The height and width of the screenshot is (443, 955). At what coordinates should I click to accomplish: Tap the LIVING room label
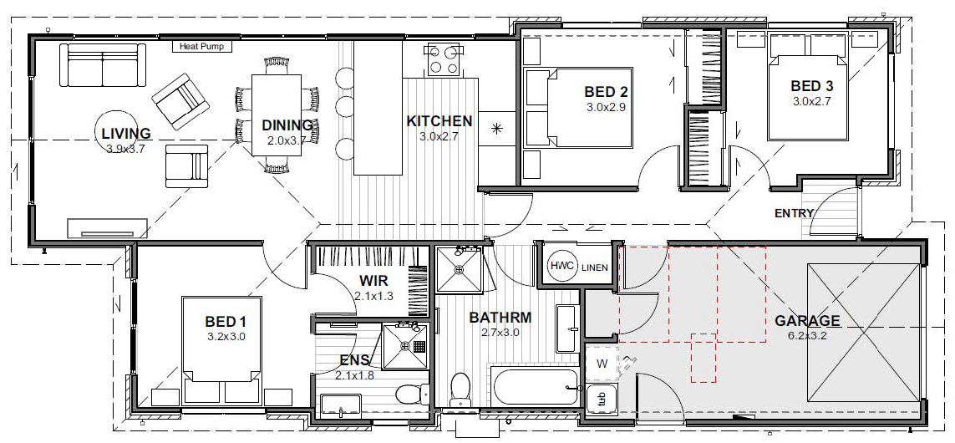(125, 134)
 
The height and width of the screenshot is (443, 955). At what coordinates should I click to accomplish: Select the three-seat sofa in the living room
(104, 66)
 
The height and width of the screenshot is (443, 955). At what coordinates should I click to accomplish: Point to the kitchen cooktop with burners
(443, 59)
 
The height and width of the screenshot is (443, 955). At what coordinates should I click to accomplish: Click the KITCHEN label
(439, 121)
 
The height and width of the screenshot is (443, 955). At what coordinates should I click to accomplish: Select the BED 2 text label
(605, 92)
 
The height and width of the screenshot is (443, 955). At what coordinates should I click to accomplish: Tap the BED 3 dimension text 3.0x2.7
(813, 101)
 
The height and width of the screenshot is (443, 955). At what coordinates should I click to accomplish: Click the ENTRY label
(794, 213)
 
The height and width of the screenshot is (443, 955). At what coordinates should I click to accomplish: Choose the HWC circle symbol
(560, 266)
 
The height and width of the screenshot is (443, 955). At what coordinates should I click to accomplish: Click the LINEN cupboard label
(594, 267)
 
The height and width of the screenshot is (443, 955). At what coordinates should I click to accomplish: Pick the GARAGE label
(807, 321)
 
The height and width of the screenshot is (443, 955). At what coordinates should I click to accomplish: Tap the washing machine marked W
(601, 362)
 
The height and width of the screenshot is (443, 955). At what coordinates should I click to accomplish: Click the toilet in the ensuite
(409, 394)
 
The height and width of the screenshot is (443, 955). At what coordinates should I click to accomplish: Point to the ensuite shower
(405, 345)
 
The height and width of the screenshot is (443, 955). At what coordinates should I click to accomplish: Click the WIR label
(373, 280)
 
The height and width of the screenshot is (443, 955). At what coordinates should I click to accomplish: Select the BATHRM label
(500, 318)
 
